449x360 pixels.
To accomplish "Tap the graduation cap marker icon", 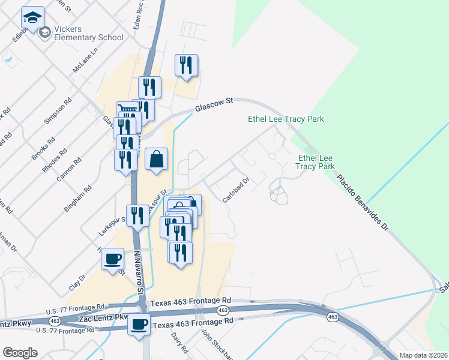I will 32,19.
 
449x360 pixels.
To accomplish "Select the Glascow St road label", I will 213,105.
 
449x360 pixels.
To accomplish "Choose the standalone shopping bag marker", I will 156,160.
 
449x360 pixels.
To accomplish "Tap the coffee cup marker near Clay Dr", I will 113,260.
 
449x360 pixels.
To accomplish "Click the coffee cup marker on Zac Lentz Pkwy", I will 139,325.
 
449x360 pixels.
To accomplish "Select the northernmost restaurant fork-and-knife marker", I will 187,65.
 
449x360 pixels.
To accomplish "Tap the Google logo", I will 20,352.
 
